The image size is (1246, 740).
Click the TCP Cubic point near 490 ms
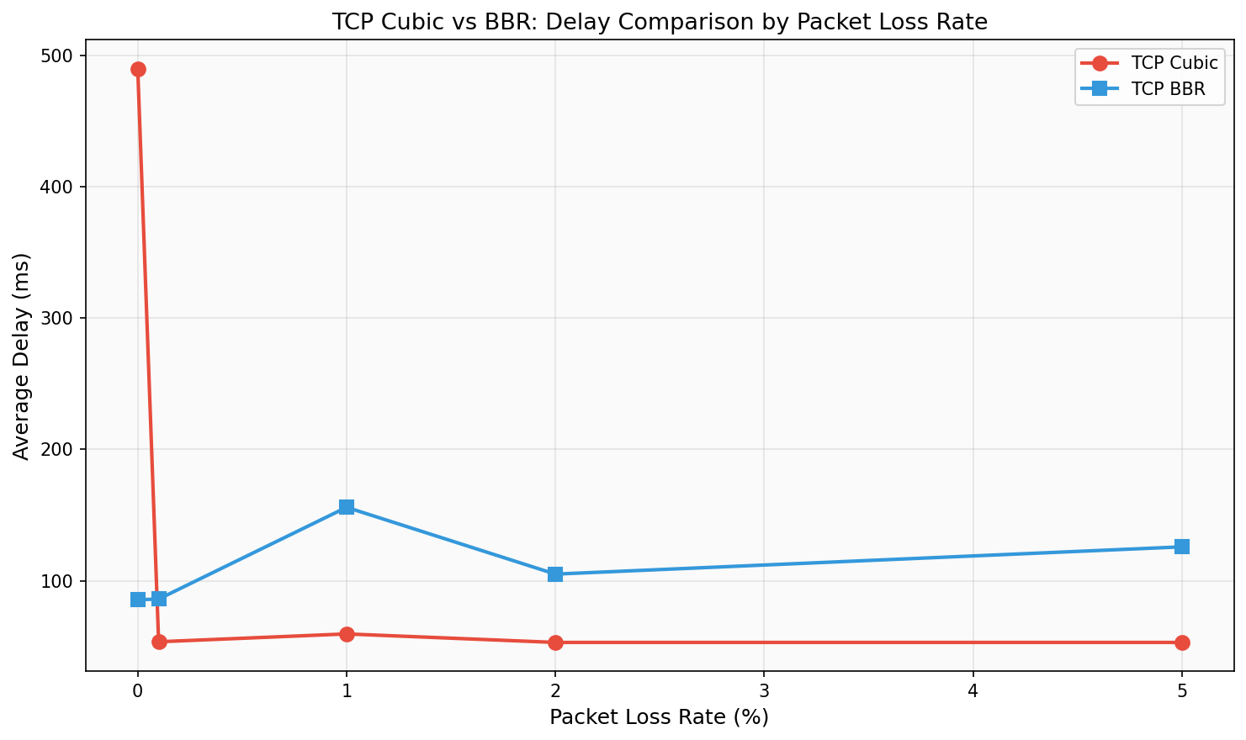click(138, 69)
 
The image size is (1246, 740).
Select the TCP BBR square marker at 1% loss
click(346, 507)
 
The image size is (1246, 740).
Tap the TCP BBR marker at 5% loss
click(1181, 547)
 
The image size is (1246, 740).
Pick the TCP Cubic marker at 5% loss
click(1181, 642)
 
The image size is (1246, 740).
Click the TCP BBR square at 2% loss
click(555, 574)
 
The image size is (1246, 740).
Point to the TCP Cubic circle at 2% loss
click(555, 642)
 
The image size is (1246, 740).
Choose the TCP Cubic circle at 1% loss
click(346, 634)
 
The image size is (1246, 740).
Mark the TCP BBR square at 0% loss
click(138, 600)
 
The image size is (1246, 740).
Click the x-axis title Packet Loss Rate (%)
click(659, 717)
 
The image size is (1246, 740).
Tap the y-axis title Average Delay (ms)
click(22, 357)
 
